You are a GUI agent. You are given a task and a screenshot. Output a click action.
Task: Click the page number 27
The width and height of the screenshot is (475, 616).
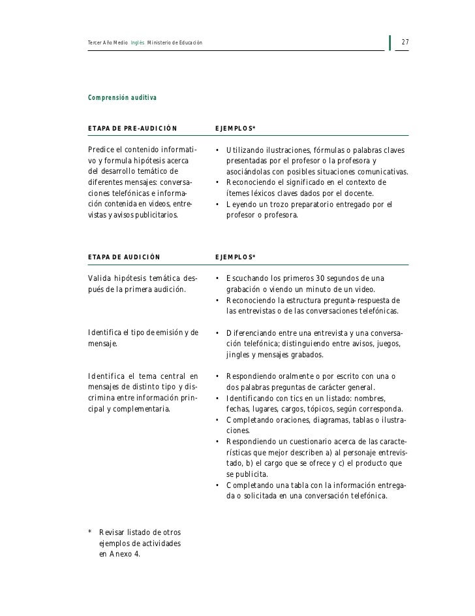pyautogui.click(x=405, y=43)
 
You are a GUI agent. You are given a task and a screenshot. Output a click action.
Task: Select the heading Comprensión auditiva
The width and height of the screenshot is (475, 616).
pyautogui.click(x=122, y=97)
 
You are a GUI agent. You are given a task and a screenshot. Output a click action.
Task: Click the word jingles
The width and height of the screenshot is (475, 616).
pyautogui.click(x=237, y=355)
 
